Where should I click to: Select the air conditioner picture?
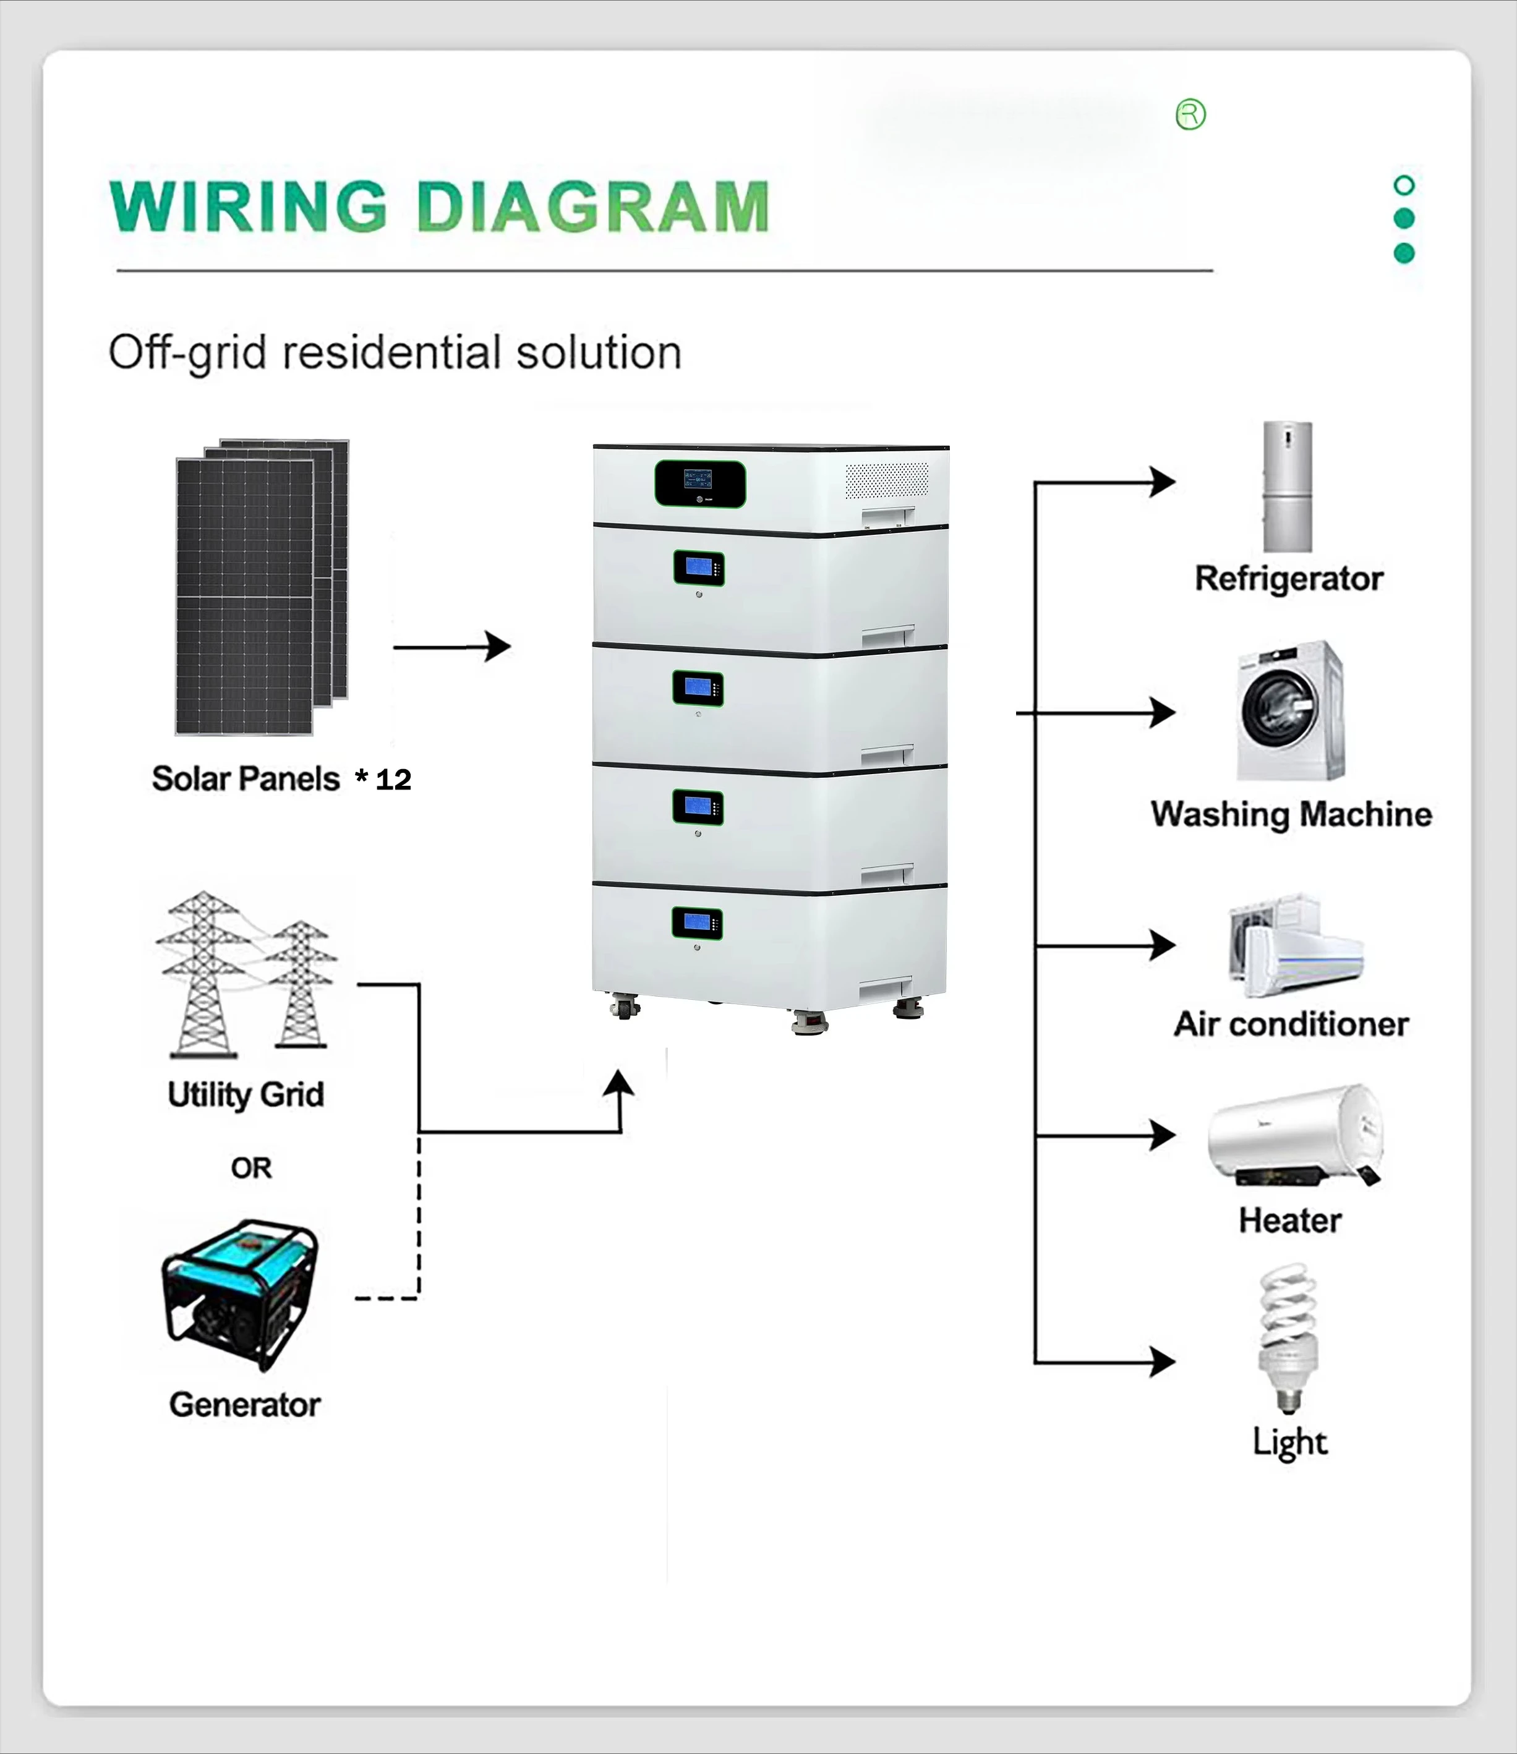pos(1295,947)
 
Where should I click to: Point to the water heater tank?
pos(1295,1132)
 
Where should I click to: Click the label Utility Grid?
pos(246,1094)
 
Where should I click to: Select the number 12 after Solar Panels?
pos(394,780)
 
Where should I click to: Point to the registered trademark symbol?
pos(1190,114)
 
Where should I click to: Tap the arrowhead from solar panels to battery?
pos(500,647)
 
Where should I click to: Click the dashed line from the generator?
pos(418,1227)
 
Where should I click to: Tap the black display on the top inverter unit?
pos(700,484)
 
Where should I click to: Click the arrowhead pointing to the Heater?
pos(1163,1135)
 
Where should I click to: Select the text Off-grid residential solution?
pos(395,352)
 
